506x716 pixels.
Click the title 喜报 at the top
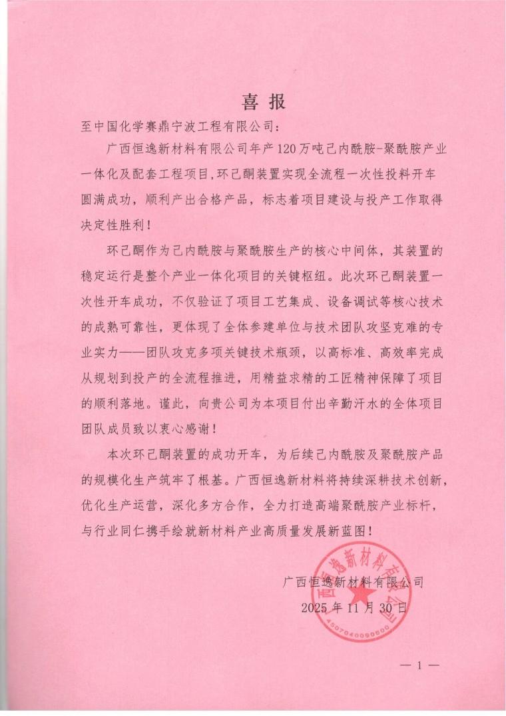click(x=263, y=101)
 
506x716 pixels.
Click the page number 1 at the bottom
click(x=419, y=665)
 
